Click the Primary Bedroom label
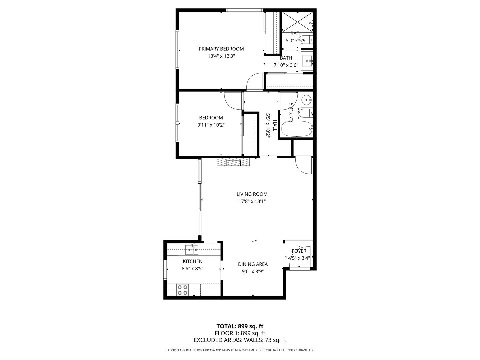(x=221, y=49)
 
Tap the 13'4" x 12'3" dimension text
(x=221, y=56)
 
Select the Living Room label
(x=252, y=194)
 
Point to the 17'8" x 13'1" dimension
(x=252, y=201)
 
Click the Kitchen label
(x=192, y=261)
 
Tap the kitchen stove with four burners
(x=182, y=290)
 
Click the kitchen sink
(x=192, y=249)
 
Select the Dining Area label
(x=253, y=264)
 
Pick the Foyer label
(x=299, y=251)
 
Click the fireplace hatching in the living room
(x=233, y=162)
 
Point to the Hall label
(x=275, y=125)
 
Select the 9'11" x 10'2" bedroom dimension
(x=211, y=125)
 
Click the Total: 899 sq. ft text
(x=240, y=326)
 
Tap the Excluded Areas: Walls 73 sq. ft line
(x=240, y=340)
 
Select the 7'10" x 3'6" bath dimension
(x=286, y=65)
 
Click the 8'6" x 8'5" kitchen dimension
(x=192, y=268)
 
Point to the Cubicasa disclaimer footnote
(x=240, y=350)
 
